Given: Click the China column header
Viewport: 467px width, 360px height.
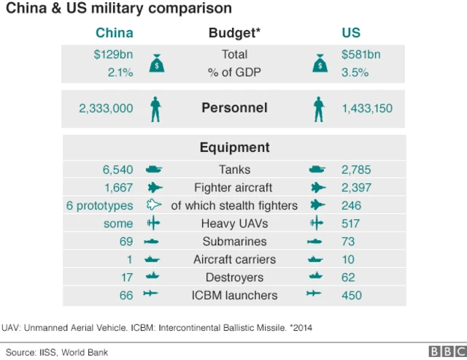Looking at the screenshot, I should click(115, 33).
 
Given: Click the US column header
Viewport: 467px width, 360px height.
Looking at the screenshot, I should click(351, 33).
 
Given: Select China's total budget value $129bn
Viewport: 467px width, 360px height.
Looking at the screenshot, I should click(113, 54).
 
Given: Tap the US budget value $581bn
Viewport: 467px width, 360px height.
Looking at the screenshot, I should click(360, 54).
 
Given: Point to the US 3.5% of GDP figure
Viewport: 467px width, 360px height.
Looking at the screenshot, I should click(355, 72).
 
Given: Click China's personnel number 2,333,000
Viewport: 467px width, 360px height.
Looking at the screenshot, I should click(106, 108).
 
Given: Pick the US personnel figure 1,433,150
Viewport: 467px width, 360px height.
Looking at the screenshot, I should click(367, 108).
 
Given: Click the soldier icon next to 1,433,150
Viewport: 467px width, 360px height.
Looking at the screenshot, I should click(317, 109).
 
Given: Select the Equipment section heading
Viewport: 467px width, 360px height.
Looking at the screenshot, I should click(234, 148).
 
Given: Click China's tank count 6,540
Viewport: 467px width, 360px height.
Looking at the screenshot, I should click(118, 169).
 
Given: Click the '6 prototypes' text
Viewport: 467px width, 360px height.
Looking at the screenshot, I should click(100, 206).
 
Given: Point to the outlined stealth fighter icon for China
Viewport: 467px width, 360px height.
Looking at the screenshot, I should click(154, 206).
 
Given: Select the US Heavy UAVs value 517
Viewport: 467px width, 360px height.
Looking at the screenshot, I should click(351, 223).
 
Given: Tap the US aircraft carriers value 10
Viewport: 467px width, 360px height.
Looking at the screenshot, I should click(348, 259).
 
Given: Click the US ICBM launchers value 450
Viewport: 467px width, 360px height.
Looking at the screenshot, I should click(352, 295).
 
